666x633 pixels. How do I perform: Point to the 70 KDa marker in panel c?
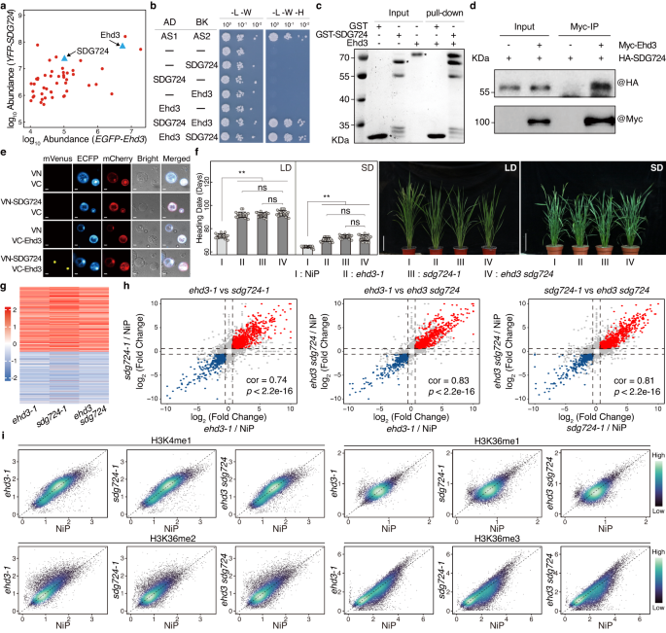coord(343,58)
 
